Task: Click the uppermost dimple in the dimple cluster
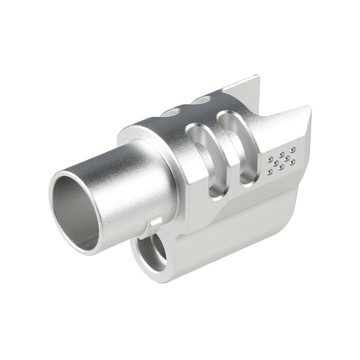[292, 150]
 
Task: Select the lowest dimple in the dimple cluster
[270, 172]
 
